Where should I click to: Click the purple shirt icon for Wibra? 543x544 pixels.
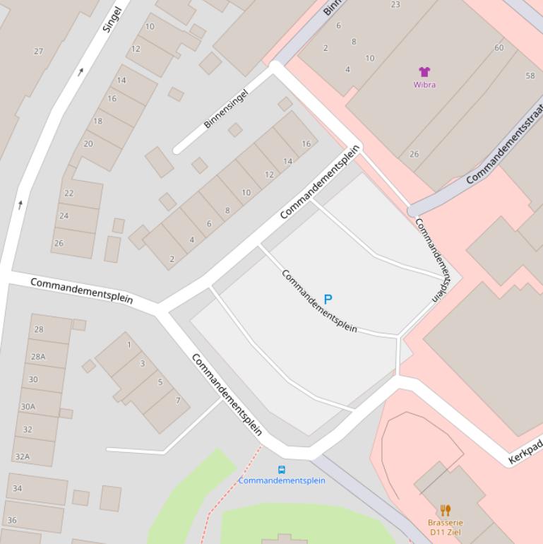point(424,71)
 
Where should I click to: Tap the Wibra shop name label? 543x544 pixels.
point(424,85)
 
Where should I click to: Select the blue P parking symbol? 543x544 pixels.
point(328,300)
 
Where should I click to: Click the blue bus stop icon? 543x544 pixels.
point(282,470)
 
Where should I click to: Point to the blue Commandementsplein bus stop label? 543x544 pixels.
point(282,480)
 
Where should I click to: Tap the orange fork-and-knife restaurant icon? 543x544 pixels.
point(445,510)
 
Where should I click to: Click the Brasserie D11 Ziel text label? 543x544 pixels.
point(445,527)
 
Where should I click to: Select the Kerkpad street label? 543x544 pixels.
point(525,452)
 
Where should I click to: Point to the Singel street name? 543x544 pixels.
point(112,20)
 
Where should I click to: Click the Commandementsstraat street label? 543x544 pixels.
point(504,145)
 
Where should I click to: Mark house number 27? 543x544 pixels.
point(38,51)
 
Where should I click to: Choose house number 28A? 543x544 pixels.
point(38,357)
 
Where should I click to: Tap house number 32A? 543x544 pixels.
point(23,456)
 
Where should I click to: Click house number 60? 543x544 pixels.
point(499,48)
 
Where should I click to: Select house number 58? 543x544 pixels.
point(530,76)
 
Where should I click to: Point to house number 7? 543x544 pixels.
point(177,401)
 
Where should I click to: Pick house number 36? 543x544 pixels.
point(12,521)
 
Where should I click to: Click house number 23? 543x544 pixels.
point(395,5)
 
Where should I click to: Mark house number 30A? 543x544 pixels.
point(28,406)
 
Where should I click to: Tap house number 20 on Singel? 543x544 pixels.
point(88,143)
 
